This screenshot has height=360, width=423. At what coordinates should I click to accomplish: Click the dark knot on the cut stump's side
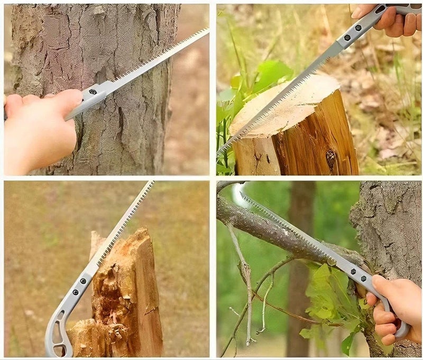click(x=331, y=159)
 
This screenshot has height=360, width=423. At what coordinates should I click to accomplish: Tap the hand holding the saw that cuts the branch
click(x=394, y=307)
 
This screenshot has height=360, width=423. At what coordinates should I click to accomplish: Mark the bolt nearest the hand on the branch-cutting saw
click(x=363, y=279)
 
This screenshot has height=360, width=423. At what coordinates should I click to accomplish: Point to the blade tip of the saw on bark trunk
click(x=206, y=31)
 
